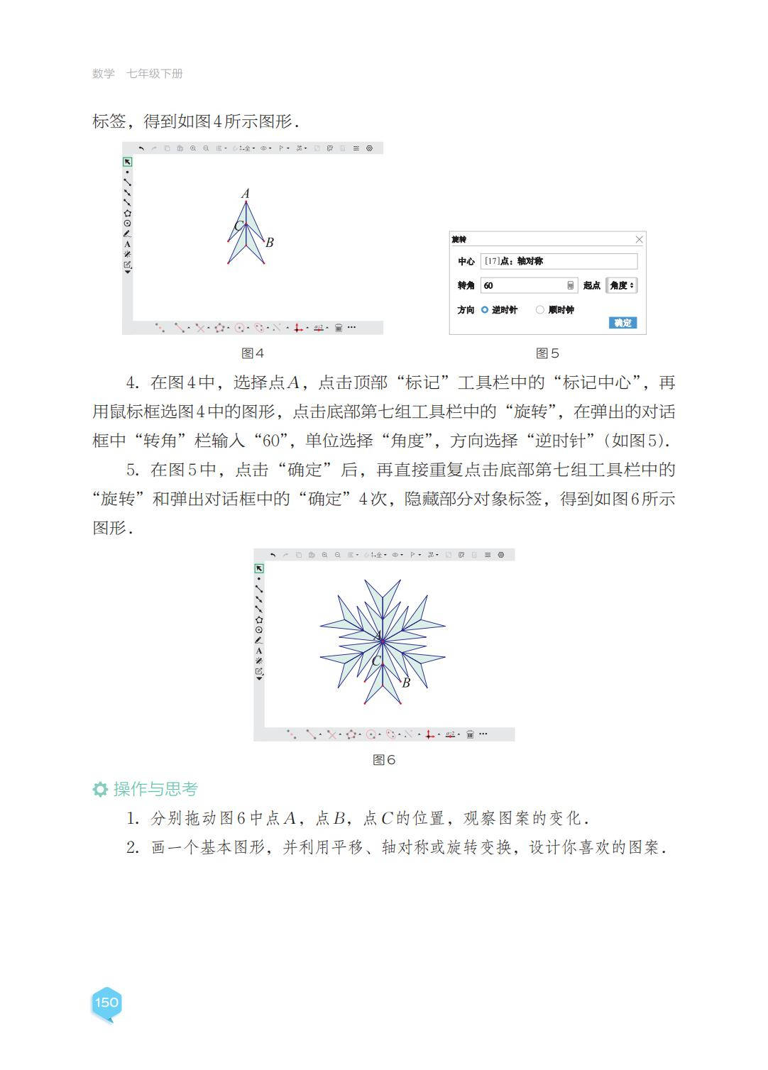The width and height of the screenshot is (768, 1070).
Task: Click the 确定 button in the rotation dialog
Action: pyautogui.click(x=622, y=323)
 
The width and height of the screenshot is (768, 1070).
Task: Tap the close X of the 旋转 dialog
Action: pyautogui.click(x=639, y=240)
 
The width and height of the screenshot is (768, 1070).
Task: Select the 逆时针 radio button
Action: pyautogui.click(x=485, y=310)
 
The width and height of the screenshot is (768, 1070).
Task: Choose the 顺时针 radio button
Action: pyautogui.click(x=540, y=310)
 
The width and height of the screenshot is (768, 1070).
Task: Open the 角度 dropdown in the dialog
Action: pyautogui.click(x=621, y=285)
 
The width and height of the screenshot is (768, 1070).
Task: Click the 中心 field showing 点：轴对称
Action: pyautogui.click(x=559, y=261)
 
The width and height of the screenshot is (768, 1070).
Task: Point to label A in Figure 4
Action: pyautogui.click(x=246, y=193)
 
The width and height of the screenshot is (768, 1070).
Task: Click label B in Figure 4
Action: pyautogui.click(x=270, y=242)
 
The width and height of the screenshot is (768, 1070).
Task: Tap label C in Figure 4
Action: pyautogui.click(x=238, y=226)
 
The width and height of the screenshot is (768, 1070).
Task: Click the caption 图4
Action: pyautogui.click(x=253, y=353)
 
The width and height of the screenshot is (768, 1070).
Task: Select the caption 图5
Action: pyautogui.click(x=547, y=353)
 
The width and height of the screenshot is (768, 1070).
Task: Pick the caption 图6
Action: pyautogui.click(x=384, y=760)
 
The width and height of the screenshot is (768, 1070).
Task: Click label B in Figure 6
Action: pyautogui.click(x=406, y=683)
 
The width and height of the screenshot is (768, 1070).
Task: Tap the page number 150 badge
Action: pyautogui.click(x=106, y=1003)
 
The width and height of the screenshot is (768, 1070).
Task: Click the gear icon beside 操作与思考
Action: pyautogui.click(x=100, y=789)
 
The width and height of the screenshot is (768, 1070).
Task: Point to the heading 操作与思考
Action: pyautogui.click(x=155, y=789)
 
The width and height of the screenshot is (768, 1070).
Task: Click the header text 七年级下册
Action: pyautogui.click(x=155, y=74)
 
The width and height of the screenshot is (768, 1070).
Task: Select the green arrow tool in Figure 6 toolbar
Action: pyautogui.click(x=259, y=568)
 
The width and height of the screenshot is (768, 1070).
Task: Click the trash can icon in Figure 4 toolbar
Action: pyautogui.click(x=339, y=328)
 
